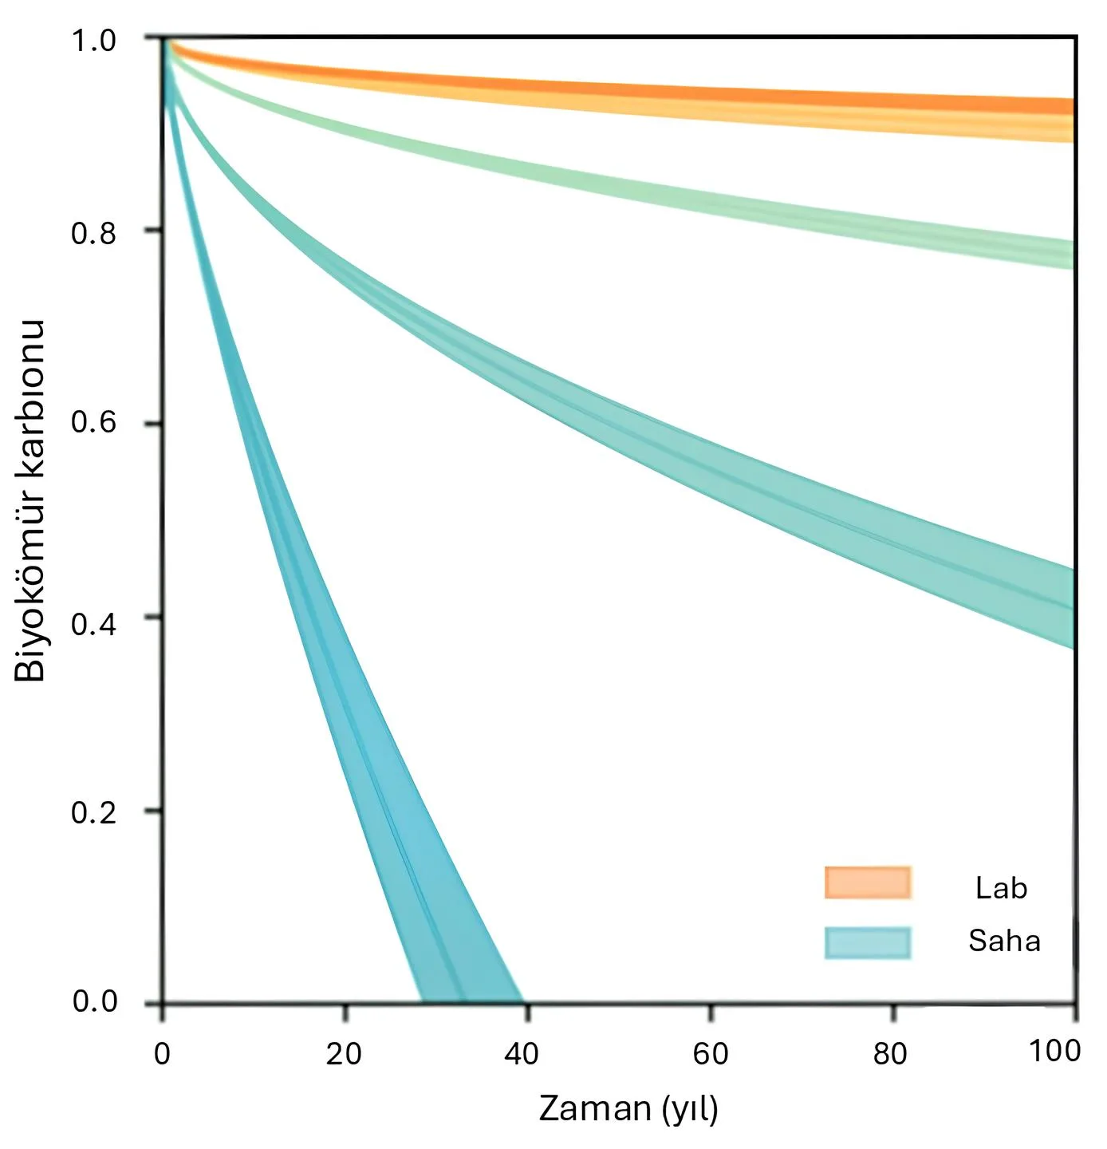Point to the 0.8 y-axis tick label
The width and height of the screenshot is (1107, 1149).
[93, 234]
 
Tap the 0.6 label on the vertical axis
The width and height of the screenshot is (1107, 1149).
[93, 422]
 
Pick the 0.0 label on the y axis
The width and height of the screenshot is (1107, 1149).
[93, 1001]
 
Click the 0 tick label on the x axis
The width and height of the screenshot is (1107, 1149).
[162, 1054]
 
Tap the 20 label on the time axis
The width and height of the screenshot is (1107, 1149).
[344, 1054]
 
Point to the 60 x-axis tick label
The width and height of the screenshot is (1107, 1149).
[710, 1054]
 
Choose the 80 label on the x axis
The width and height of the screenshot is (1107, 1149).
[890, 1054]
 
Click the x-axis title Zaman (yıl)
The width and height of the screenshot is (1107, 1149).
[628, 1109]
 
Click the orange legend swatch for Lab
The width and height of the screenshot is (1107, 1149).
[868, 883]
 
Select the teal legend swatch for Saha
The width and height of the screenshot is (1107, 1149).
[868, 942]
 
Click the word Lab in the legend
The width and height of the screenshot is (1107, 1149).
[1001, 888]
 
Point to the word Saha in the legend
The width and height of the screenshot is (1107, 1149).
[1004, 942]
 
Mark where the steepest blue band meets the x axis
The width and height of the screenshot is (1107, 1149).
[471, 1001]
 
